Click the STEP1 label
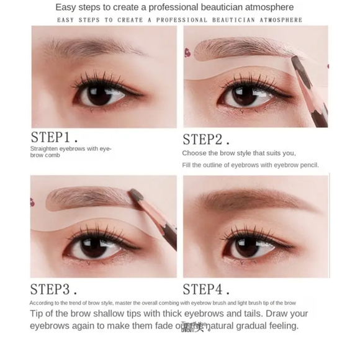(x=55, y=137)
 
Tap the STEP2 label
(x=206, y=139)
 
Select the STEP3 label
(x=54, y=289)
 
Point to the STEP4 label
(x=206, y=289)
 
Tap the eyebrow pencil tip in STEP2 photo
(x=296, y=62)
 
